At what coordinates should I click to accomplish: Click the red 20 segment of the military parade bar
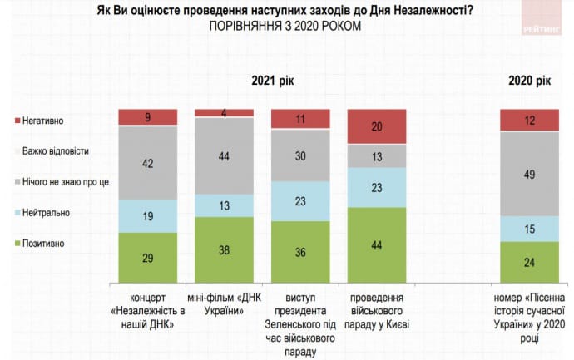pyautogui.click(x=377, y=126)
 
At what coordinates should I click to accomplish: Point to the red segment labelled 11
pyautogui.click(x=300, y=120)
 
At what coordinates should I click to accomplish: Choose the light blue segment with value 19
pyautogui.click(x=147, y=215)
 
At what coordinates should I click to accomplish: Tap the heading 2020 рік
pyautogui.click(x=530, y=80)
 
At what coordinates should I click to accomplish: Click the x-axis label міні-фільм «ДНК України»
pyautogui.click(x=224, y=303)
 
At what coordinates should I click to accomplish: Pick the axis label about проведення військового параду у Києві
pyautogui.click(x=377, y=309)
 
